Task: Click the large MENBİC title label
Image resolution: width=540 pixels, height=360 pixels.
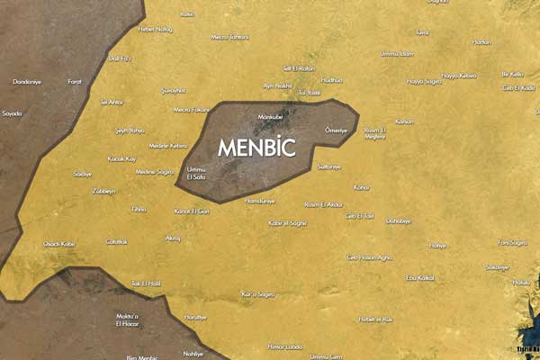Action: (x=256, y=147)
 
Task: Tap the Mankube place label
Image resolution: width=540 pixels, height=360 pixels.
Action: (x=270, y=117)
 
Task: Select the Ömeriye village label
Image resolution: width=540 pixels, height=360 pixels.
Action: (x=335, y=130)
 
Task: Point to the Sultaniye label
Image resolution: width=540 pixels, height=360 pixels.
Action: (x=330, y=166)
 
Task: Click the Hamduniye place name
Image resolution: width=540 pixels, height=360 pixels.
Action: (x=259, y=200)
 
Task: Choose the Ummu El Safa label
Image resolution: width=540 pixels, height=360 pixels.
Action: (x=195, y=174)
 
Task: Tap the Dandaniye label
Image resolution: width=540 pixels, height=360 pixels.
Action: (x=27, y=82)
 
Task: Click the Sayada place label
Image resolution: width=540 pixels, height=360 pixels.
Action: (x=12, y=113)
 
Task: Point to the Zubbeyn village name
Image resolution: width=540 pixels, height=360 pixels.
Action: (x=103, y=191)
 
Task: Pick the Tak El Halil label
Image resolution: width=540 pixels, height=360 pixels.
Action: (x=146, y=283)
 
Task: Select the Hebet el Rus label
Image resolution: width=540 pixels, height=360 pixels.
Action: (x=375, y=319)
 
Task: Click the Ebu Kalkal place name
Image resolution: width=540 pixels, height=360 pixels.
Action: (x=420, y=278)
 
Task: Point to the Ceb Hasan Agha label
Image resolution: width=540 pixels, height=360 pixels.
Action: (x=370, y=257)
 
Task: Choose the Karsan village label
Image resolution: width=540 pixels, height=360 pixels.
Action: (x=404, y=121)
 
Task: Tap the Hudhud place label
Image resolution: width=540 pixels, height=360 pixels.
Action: (x=331, y=80)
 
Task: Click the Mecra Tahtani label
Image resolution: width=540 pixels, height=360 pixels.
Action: (x=229, y=37)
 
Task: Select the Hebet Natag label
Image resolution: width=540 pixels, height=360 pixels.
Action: (x=155, y=29)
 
